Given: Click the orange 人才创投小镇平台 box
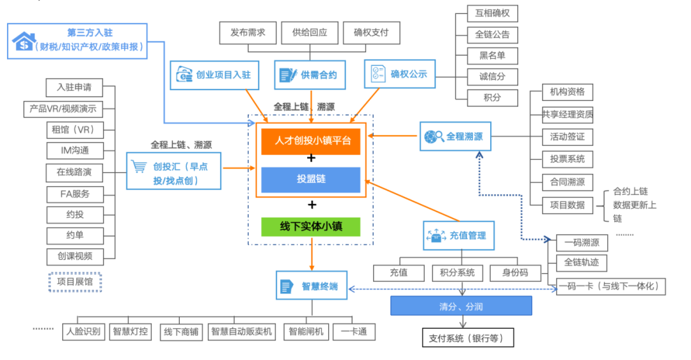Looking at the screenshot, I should pos(311,141).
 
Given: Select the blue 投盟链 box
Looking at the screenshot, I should pos(311,180).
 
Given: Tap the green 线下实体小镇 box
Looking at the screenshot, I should pos(311,227).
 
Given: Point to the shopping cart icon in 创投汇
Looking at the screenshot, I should pos(139,167).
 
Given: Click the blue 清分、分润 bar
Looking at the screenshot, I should pos(461,306).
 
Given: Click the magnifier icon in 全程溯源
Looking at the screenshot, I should pos(434,136).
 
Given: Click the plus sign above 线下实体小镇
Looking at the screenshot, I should pos(312,205).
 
